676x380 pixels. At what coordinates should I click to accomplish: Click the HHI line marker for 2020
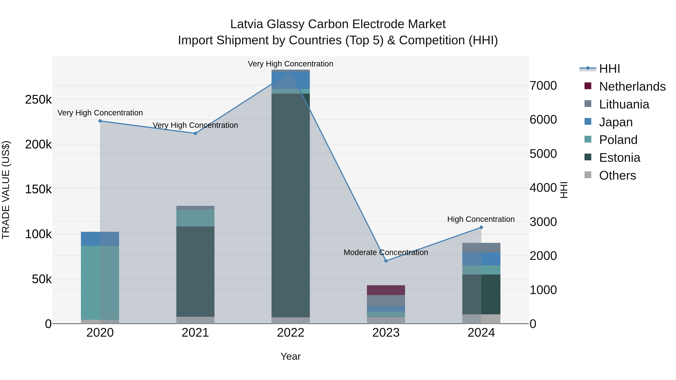coord(100,121)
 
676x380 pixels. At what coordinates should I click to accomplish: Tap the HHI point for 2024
coord(481,227)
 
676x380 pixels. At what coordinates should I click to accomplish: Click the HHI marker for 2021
coord(195,133)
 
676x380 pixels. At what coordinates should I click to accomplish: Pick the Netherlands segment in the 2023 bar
coord(386,290)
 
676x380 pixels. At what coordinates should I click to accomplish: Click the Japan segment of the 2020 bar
coord(100,239)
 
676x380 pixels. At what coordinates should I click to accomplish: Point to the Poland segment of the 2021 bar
coord(195,218)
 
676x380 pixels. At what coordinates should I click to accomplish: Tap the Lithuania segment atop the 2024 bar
coord(481,248)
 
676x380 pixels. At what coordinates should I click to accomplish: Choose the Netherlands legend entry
coord(632,87)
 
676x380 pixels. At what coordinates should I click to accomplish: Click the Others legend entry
coord(617,175)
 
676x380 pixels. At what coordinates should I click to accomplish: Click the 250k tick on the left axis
coord(38,100)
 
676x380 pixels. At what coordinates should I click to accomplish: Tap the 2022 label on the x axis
coord(290,333)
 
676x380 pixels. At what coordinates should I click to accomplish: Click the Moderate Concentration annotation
coord(386,252)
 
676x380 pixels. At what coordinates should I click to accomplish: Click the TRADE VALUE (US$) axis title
coord(6,190)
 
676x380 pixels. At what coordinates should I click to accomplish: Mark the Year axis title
coord(290,356)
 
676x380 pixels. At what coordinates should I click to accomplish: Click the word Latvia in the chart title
coord(246,24)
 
